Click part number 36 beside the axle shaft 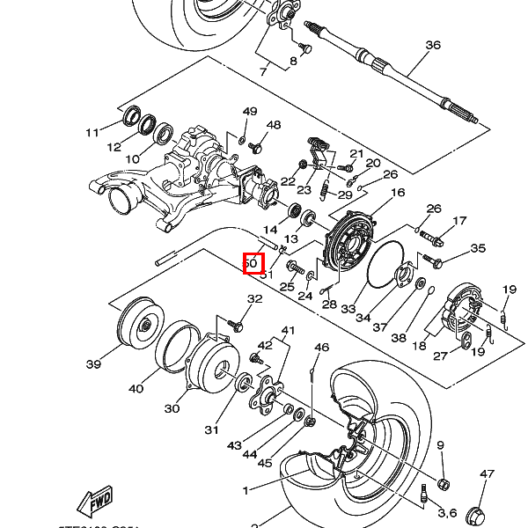(x=432, y=45)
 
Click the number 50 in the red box (x=253, y=262)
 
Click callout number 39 (x=93, y=364)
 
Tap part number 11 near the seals (x=92, y=133)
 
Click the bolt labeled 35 (x=434, y=260)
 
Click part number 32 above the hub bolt (x=254, y=300)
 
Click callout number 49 (x=250, y=112)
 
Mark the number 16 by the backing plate (x=397, y=193)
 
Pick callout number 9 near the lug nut (x=440, y=446)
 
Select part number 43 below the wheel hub (x=233, y=446)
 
